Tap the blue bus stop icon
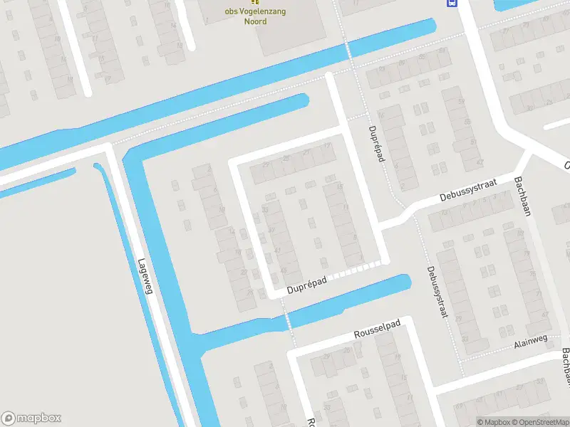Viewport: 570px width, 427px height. pos(452,3)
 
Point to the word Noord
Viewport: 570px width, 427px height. pos(256,21)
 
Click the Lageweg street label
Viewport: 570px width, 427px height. pos(145,275)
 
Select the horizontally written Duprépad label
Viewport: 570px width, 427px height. pos(307,285)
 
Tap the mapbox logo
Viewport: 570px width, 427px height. pos(31,418)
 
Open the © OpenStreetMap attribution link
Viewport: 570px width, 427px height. pos(534,422)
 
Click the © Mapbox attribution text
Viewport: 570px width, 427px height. pos(493,422)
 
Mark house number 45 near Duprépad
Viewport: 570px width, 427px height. pos(285,271)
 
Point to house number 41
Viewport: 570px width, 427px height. pos(273,230)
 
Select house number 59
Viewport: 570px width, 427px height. pos(460,101)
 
